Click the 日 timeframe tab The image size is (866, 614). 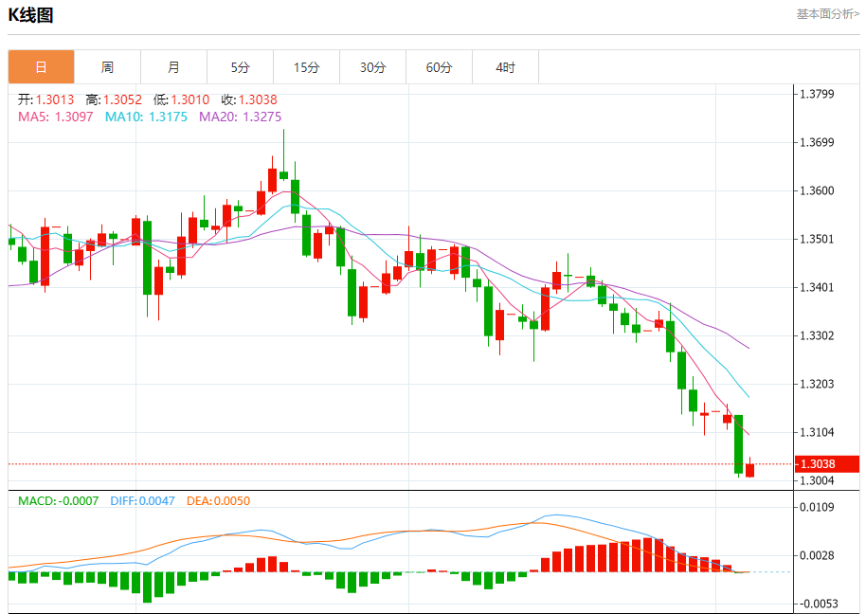click(x=41, y=67)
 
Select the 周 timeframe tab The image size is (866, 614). click(x=107, y=67)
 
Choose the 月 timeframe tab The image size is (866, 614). click(x=173, y=67)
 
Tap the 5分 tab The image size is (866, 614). click(x=240, y=67)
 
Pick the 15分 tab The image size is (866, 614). click(x=306, y=67)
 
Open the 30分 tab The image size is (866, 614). click(x=372, y=67)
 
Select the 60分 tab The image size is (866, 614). click(x=439, y=67)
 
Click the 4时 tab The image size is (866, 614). click(x=505, y=67)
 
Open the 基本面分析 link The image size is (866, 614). click(x=827, y=14)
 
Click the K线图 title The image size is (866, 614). click(x=30, y=15)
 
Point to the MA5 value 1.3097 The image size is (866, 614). click(x=74, y=117)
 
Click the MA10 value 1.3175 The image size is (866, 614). click(x=167, y=117)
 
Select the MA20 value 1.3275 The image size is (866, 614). click(x=261, y=117)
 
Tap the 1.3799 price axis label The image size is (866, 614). click(x=817, y=94)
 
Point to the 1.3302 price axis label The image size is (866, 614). click(x=817, y=335)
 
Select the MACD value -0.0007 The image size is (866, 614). click(x=78, y=500)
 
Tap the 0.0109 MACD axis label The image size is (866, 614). click(x=817, y=508)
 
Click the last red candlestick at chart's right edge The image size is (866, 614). click(x=749, y=470)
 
